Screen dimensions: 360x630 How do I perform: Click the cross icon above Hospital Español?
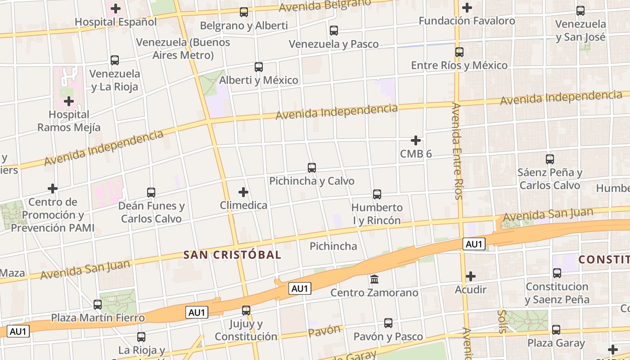tap(116, 8)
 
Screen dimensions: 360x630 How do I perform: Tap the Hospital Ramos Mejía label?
tap(69, 121)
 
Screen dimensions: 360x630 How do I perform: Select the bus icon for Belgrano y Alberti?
tap(244, 12)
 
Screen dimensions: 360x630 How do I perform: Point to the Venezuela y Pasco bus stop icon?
tap(334, 31)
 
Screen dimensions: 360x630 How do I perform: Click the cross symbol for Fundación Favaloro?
tap(467, 8)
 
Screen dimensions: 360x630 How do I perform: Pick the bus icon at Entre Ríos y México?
tap(459, 52)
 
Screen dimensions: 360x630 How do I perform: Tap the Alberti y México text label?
tap(259, 80)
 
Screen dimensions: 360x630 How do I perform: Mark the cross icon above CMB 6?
tap(416, 140)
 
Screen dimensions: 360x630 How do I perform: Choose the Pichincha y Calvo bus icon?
tap(312, 168)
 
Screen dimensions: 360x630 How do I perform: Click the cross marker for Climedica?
tap(243, 192)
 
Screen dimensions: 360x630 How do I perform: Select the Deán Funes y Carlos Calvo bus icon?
tap(151, 193)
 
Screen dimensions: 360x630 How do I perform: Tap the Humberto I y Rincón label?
tap(377, 214)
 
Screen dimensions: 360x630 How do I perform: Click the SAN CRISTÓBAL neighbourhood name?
tap(232, 255)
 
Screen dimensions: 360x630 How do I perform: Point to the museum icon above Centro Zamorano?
tap(374, 279)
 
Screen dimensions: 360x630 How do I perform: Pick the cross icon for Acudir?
tap(471, 276)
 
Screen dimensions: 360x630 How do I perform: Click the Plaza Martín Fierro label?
tap(98, 318)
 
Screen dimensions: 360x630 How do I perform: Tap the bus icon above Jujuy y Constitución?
tap(246, 310)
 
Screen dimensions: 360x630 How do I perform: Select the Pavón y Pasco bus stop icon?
tap(388, 323)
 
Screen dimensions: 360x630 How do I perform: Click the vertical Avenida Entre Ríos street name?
tap(457, 151)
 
